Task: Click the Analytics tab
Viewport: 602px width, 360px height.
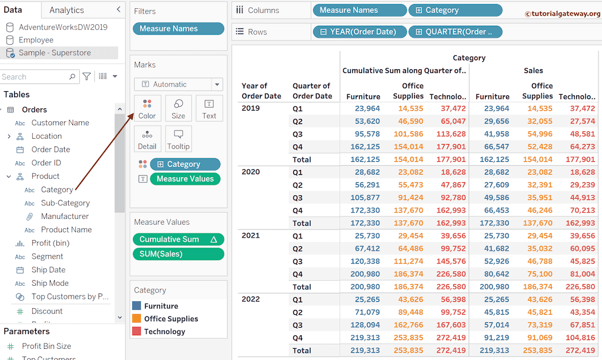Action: [66, 10]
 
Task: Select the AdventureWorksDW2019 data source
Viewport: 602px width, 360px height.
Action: [63, 27]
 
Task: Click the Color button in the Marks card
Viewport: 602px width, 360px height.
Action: [147, 108]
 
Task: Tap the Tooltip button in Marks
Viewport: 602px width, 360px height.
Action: [178, 139]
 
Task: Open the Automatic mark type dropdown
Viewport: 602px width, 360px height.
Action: [178, 84]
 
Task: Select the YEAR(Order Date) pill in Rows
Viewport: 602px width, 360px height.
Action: [359, 32]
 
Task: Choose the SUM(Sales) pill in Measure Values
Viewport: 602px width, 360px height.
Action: [179, 254]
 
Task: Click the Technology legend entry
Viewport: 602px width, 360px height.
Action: [164, 331]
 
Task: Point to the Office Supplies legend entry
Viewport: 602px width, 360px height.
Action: [170, 319]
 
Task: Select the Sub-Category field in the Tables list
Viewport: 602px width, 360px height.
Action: [65, 203]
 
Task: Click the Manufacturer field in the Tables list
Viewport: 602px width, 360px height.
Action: [65, 216]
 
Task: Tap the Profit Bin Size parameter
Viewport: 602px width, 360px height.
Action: [46, 346]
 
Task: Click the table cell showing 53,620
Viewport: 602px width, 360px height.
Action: [367, 121]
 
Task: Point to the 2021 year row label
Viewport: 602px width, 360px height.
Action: [251, 235]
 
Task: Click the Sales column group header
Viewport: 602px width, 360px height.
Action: [533, 71]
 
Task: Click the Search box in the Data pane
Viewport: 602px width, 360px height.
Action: [35, 76]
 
